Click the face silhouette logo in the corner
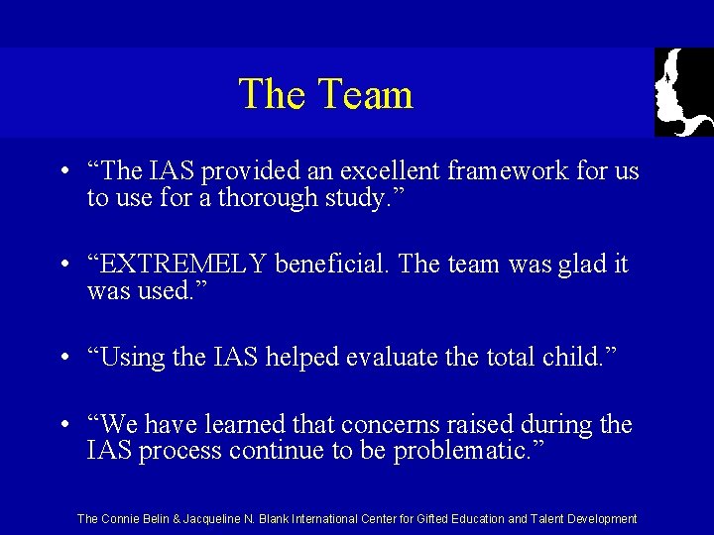pyautogui.click(x=683, y=92)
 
